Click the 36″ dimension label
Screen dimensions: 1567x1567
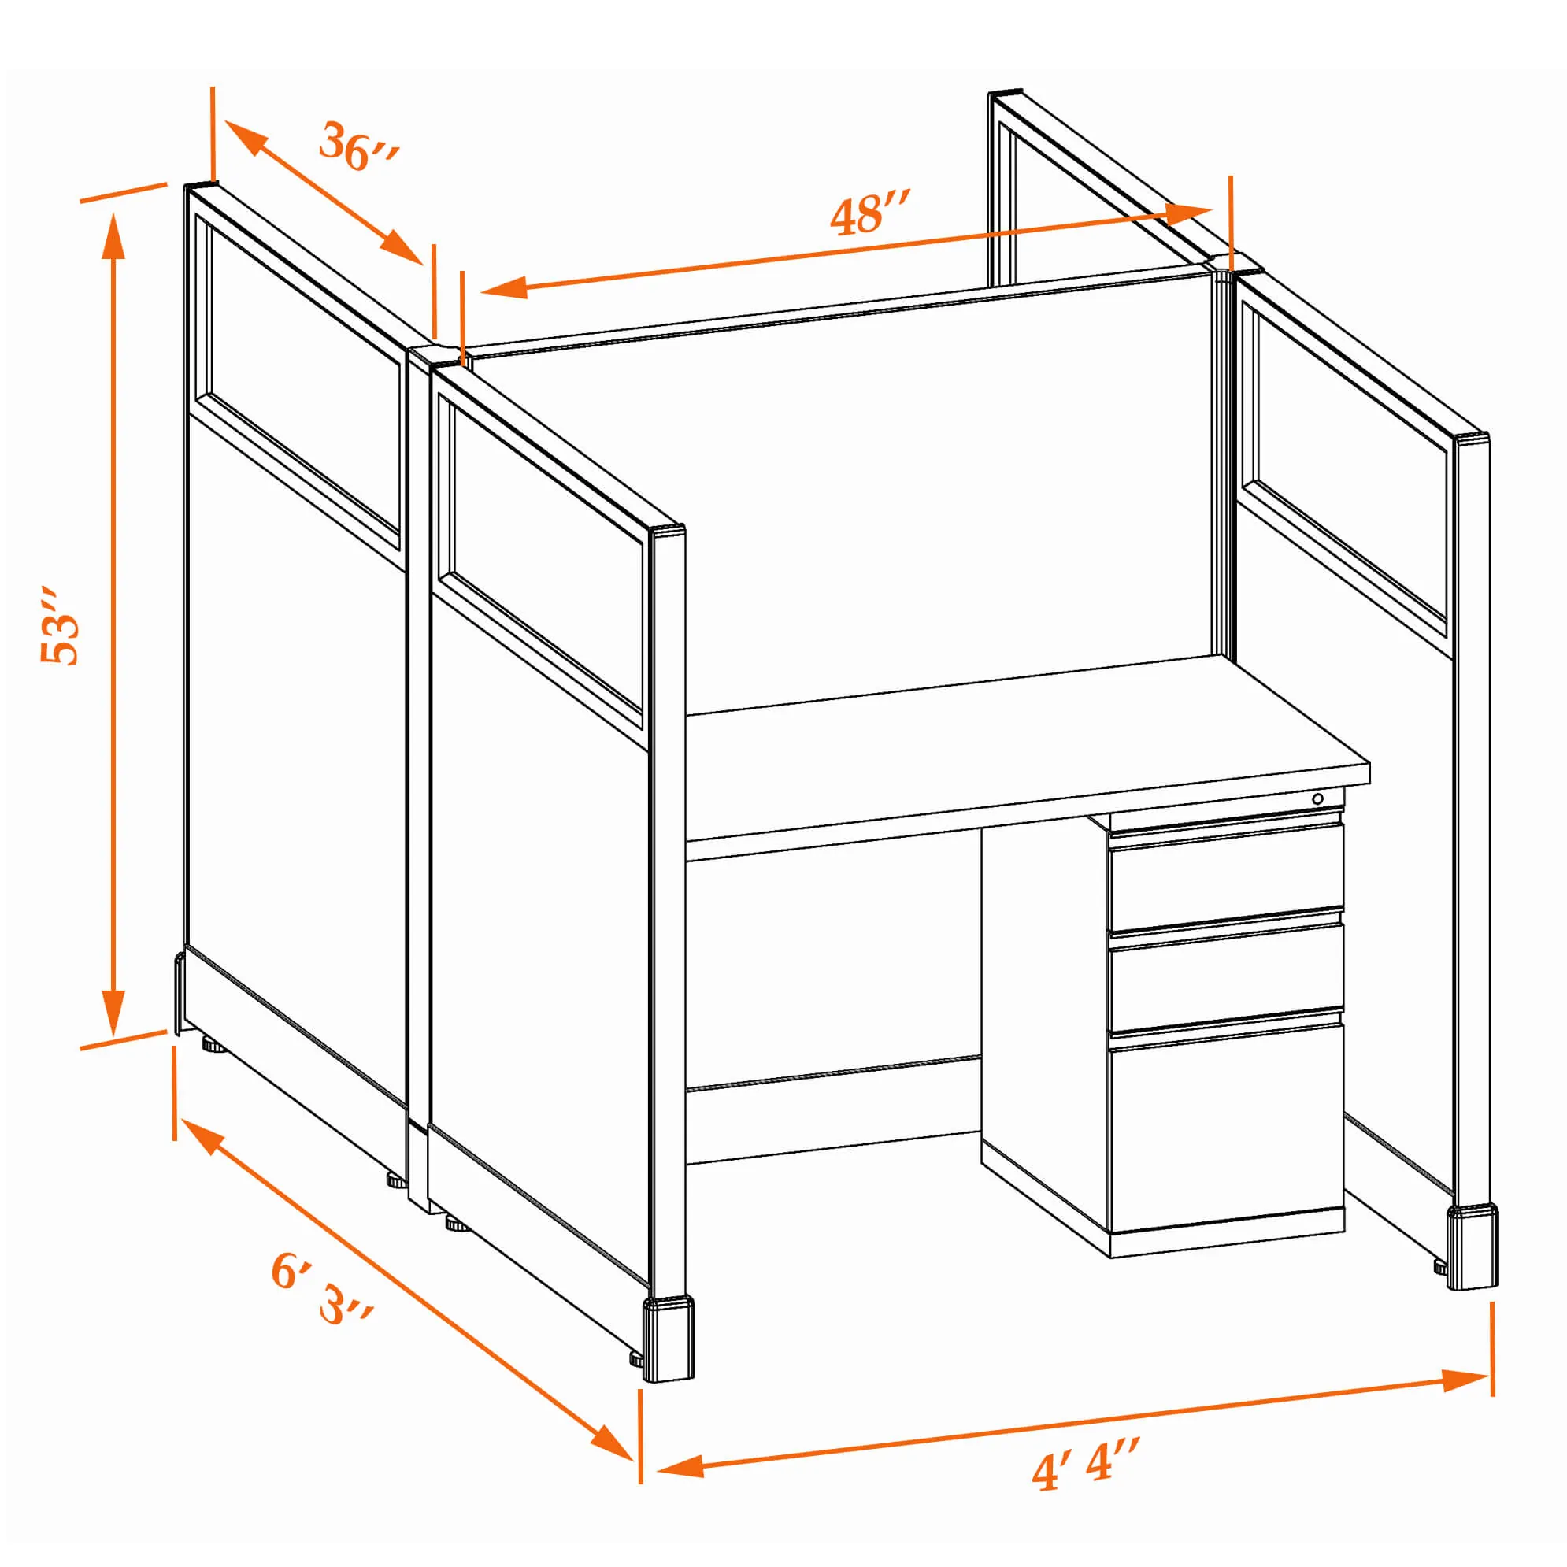pos(357,146)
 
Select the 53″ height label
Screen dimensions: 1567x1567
pos(60,625)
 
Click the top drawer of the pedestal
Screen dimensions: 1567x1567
pos(1225,875)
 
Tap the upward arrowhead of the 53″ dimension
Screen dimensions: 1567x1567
pos(113,235)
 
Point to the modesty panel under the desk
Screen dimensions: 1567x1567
pos(833,965)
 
